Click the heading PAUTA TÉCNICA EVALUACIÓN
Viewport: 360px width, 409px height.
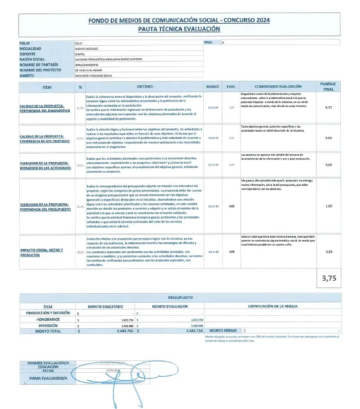pyautogui.click(x=179, y=29)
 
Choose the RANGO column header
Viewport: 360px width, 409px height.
pyautogui.click(x=213, y=87)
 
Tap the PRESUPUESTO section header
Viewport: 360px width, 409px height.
pyautogui.click(x=179, y=297)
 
